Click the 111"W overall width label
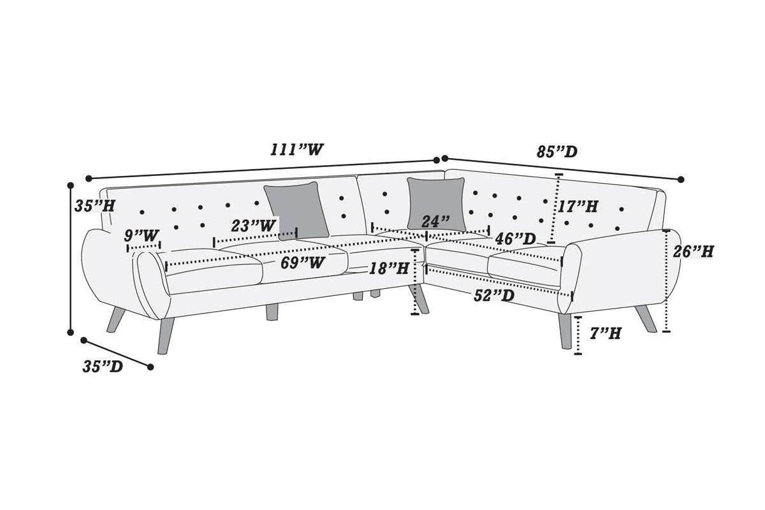tap(296, 150)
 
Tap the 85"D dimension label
tap(557, 151)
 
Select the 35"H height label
tap(95, 206)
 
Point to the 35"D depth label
tap(103, 367)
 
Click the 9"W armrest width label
tap(142, 235)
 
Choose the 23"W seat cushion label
tap(254, 225)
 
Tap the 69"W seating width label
tap(303, 263)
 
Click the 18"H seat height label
tap(389, 268)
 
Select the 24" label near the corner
tap(435, 221)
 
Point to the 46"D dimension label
tap(515, 239)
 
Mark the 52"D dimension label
tap(494, 295)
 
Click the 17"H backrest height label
tap(578, 207)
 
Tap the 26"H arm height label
tap(694, 252)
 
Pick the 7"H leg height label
tap(606, 333)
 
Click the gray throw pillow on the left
tap(296, 210)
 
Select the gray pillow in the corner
tap(437, 203)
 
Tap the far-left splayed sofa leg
tap(115, 319)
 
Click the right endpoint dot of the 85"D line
tap(681, 179)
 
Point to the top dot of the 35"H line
tap(71, 185)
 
